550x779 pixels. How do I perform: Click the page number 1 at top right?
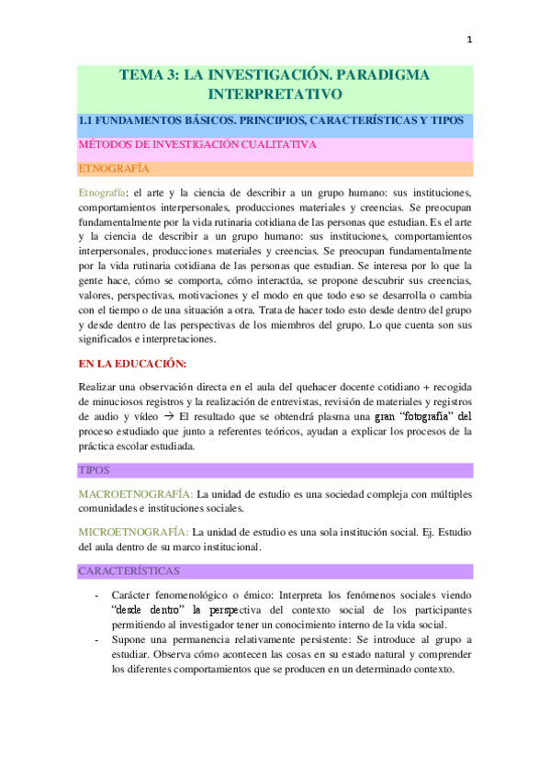[469, 40]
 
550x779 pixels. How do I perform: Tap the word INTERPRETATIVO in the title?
[275, 93]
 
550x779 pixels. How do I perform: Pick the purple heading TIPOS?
[94, 469]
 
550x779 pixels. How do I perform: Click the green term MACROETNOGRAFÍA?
[136, 493]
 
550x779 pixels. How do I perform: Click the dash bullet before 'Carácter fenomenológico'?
[97, 594]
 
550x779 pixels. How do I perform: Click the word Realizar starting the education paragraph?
[100, 387]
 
